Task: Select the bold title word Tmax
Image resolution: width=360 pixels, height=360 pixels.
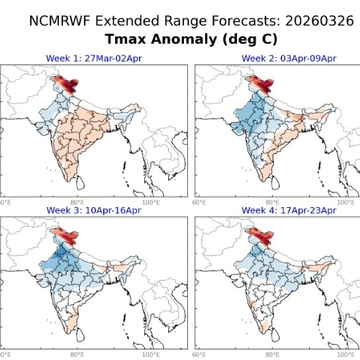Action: (128, 40)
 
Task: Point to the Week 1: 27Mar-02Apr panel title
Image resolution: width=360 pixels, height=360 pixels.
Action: (93, 59)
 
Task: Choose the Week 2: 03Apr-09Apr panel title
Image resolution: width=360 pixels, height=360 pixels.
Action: (289, 59)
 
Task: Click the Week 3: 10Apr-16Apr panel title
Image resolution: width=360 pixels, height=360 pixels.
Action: (93, 210)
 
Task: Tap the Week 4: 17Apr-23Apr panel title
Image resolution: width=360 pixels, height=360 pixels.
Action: (289, 210)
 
